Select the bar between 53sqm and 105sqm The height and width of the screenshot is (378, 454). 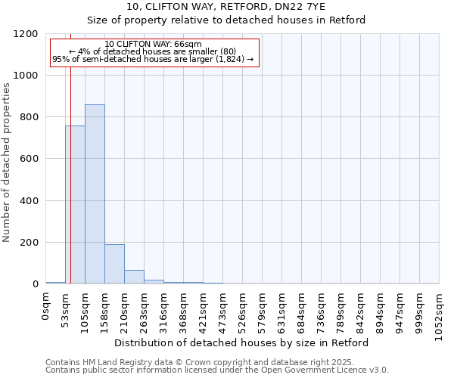[75, 205]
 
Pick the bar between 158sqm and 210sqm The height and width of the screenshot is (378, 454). [114, 264]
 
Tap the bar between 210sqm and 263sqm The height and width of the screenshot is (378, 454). [134, 277]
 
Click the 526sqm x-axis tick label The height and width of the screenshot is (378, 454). [243, 310]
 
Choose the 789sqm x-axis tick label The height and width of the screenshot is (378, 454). [341, 310]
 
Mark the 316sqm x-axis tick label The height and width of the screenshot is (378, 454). [164, 310]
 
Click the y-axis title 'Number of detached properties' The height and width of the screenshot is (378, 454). [8, 163]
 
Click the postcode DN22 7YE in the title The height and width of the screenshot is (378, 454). [303, 7]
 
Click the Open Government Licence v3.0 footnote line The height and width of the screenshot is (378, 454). [217, 370]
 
